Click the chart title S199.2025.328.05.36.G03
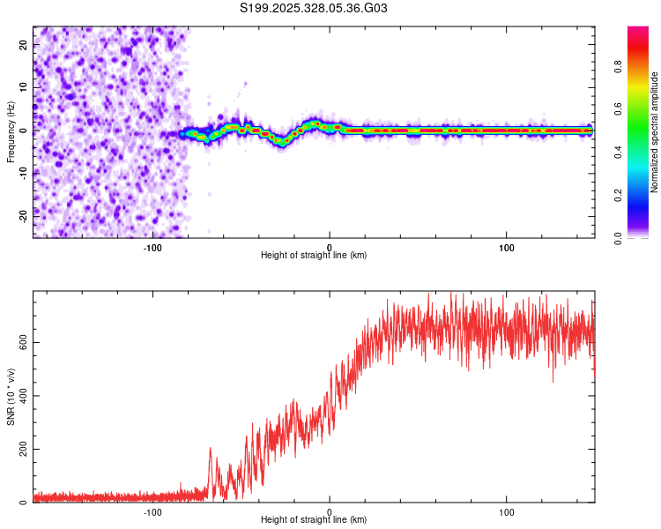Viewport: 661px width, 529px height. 315,9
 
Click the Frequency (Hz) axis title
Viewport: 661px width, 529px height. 11,130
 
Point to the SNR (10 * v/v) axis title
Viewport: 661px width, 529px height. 11,397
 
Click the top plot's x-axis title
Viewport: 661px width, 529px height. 314,255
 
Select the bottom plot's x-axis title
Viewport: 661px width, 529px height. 314,519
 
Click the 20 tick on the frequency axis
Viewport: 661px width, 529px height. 24,45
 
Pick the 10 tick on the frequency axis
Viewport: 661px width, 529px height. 24,87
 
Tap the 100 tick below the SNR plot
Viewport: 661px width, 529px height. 507,510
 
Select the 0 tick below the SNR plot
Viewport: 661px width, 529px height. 330,510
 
